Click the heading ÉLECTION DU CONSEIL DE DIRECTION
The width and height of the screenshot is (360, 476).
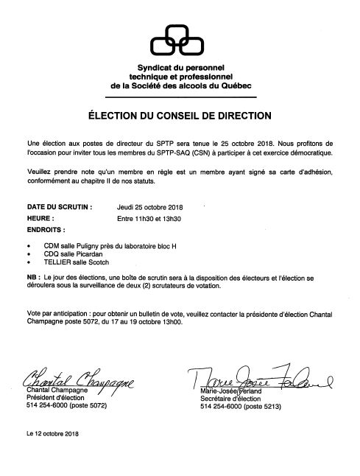point(179,115)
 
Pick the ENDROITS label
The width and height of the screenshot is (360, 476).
point(49,229)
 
